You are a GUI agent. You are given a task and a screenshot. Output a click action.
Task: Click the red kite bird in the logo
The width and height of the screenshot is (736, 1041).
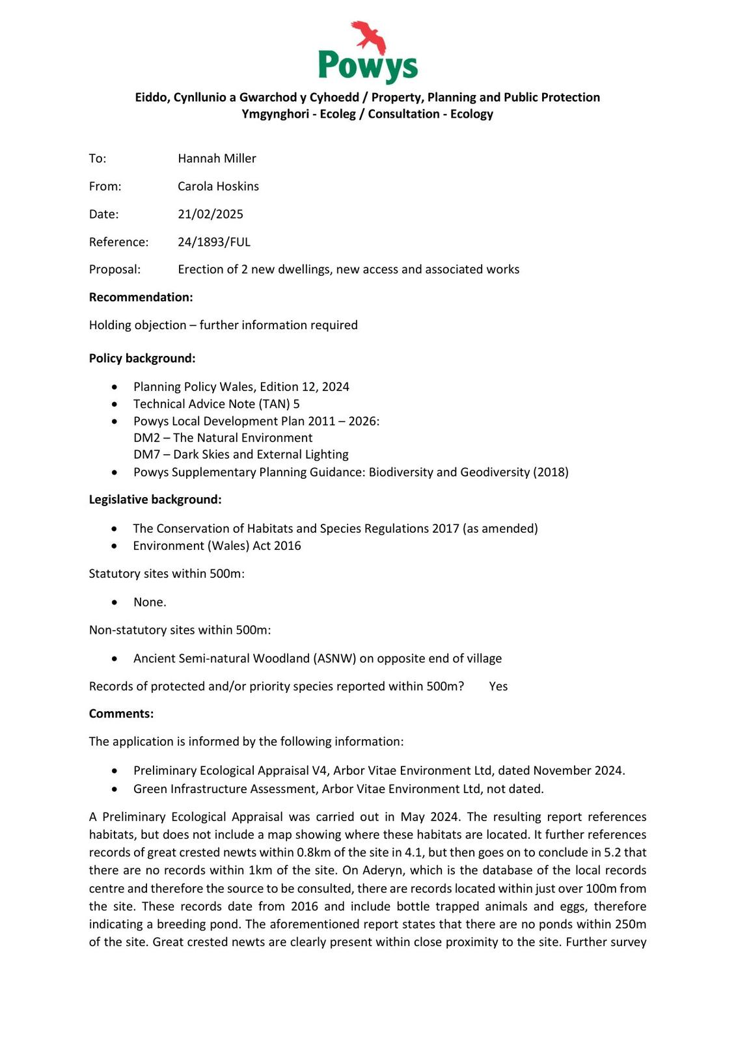point(369,36)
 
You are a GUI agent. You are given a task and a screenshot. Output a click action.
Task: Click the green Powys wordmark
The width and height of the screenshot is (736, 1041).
point(368,66)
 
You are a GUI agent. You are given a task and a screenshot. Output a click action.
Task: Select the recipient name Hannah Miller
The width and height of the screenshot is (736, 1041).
point(217,158)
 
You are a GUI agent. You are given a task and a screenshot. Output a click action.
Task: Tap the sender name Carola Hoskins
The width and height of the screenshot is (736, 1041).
point(218,186)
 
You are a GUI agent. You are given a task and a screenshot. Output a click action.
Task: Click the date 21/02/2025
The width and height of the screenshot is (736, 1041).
point(210,214)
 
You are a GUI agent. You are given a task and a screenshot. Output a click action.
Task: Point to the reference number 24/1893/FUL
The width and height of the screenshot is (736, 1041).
point(214,242)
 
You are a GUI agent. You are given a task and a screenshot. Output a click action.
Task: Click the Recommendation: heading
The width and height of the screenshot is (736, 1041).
point(141,297)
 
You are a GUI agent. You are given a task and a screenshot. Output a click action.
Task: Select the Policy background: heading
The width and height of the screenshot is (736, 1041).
point(142,358)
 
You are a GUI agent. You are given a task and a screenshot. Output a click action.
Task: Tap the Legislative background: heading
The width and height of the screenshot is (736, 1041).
point(155,500)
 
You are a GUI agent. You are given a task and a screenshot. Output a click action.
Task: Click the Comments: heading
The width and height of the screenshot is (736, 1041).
point(121,714)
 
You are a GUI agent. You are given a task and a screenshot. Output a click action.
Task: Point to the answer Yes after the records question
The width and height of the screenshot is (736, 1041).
point(498,686)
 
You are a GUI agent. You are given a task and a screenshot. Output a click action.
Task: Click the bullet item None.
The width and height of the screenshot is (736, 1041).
point(150,602)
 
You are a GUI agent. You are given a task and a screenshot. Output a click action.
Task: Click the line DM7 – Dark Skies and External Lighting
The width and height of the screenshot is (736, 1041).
point(241,454)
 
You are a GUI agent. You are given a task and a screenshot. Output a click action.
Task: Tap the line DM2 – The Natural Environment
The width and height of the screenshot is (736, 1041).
point(223,438)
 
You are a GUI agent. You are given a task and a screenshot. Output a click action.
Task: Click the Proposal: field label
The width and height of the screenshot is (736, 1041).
point(115,269)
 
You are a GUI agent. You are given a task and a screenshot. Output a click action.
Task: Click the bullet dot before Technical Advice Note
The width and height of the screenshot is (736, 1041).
point(115,405)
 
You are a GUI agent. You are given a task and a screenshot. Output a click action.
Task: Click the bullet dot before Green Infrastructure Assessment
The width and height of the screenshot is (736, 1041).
point(115,789)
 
